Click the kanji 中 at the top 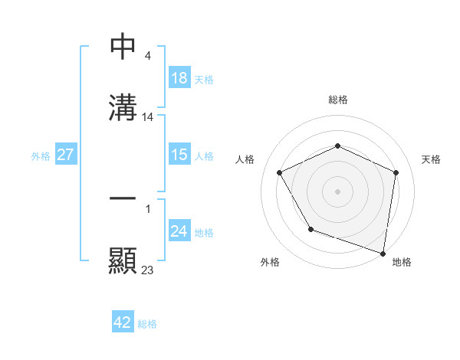123,47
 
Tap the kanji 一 123,198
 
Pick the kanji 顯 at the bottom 123,260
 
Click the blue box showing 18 179,77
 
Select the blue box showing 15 179,155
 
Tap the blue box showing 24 179,231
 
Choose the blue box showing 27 66,155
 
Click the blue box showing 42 123,322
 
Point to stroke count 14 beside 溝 148,117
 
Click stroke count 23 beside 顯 148,270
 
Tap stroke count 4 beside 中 146,56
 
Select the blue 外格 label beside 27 41,155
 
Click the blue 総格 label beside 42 147,324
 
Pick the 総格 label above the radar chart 338,100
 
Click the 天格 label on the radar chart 431,159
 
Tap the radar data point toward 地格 383,253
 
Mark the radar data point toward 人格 280,172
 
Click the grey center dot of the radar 338,191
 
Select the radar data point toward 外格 310,229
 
